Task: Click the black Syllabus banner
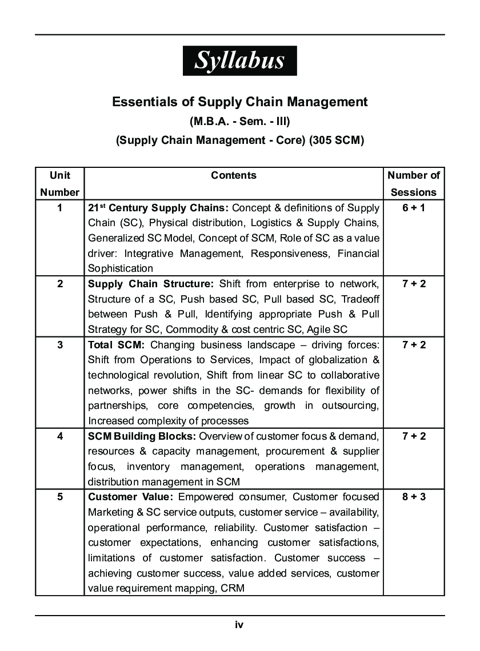click(x=239, y=61)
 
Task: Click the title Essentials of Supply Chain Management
click(x=239, y=102)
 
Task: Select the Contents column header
click(x=234, y=176)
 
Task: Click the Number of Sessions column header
click(x=414, y=183)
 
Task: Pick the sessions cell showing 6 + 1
click(x=414, y=208)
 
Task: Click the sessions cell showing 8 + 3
click(x=414, y=497)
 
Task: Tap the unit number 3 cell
click(x=60, y=345)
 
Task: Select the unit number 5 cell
click(x=60, y=497)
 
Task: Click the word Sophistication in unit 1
click(x=121, y=268)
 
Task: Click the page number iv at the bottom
click(x=239, y=625)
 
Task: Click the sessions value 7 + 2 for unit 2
click(x=414, y=284)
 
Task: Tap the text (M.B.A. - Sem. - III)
click(x=239, y=122)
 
